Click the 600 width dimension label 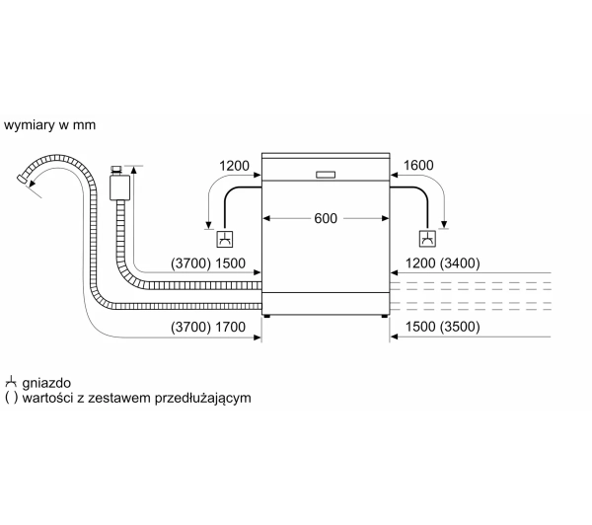tap(326, 218)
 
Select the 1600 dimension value tap(418, 165)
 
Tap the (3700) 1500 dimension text tap(208, 263)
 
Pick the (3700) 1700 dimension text tap(208, 327)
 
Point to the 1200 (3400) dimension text tap(442, 263)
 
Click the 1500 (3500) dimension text tap(442, 327)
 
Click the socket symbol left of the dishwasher tap(225, 239)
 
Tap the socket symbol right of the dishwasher tap(427, 239)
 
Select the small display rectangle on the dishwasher tap(326, 175)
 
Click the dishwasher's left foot tap(267, 316)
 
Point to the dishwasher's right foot tap(385, 316)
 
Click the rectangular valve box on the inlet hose tap(120, 187)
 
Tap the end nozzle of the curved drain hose tap(23, 179)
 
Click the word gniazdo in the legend tap(46, 383)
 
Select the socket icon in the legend tap(11, 382)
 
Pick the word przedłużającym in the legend tap(202, 398)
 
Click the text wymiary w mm tap(50, 125)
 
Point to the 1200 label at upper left tap(234, 166)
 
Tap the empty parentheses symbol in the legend tap(11, 398)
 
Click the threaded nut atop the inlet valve tap(115, 169)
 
